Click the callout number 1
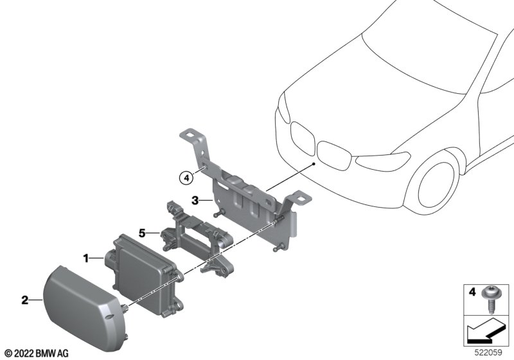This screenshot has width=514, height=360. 86,258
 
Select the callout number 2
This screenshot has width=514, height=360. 25,300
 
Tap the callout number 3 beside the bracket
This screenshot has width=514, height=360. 195,200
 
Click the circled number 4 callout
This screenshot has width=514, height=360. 186,178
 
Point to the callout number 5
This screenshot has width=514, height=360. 142,233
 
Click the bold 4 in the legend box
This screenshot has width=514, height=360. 472,291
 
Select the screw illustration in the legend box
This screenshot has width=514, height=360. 488,298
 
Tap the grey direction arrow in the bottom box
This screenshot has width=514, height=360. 486,331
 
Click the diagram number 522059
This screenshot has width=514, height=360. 488,352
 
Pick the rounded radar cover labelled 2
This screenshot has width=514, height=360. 85,308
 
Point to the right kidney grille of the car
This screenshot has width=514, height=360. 335,156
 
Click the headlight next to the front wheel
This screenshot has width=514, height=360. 383,161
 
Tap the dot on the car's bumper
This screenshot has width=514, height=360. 314,163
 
